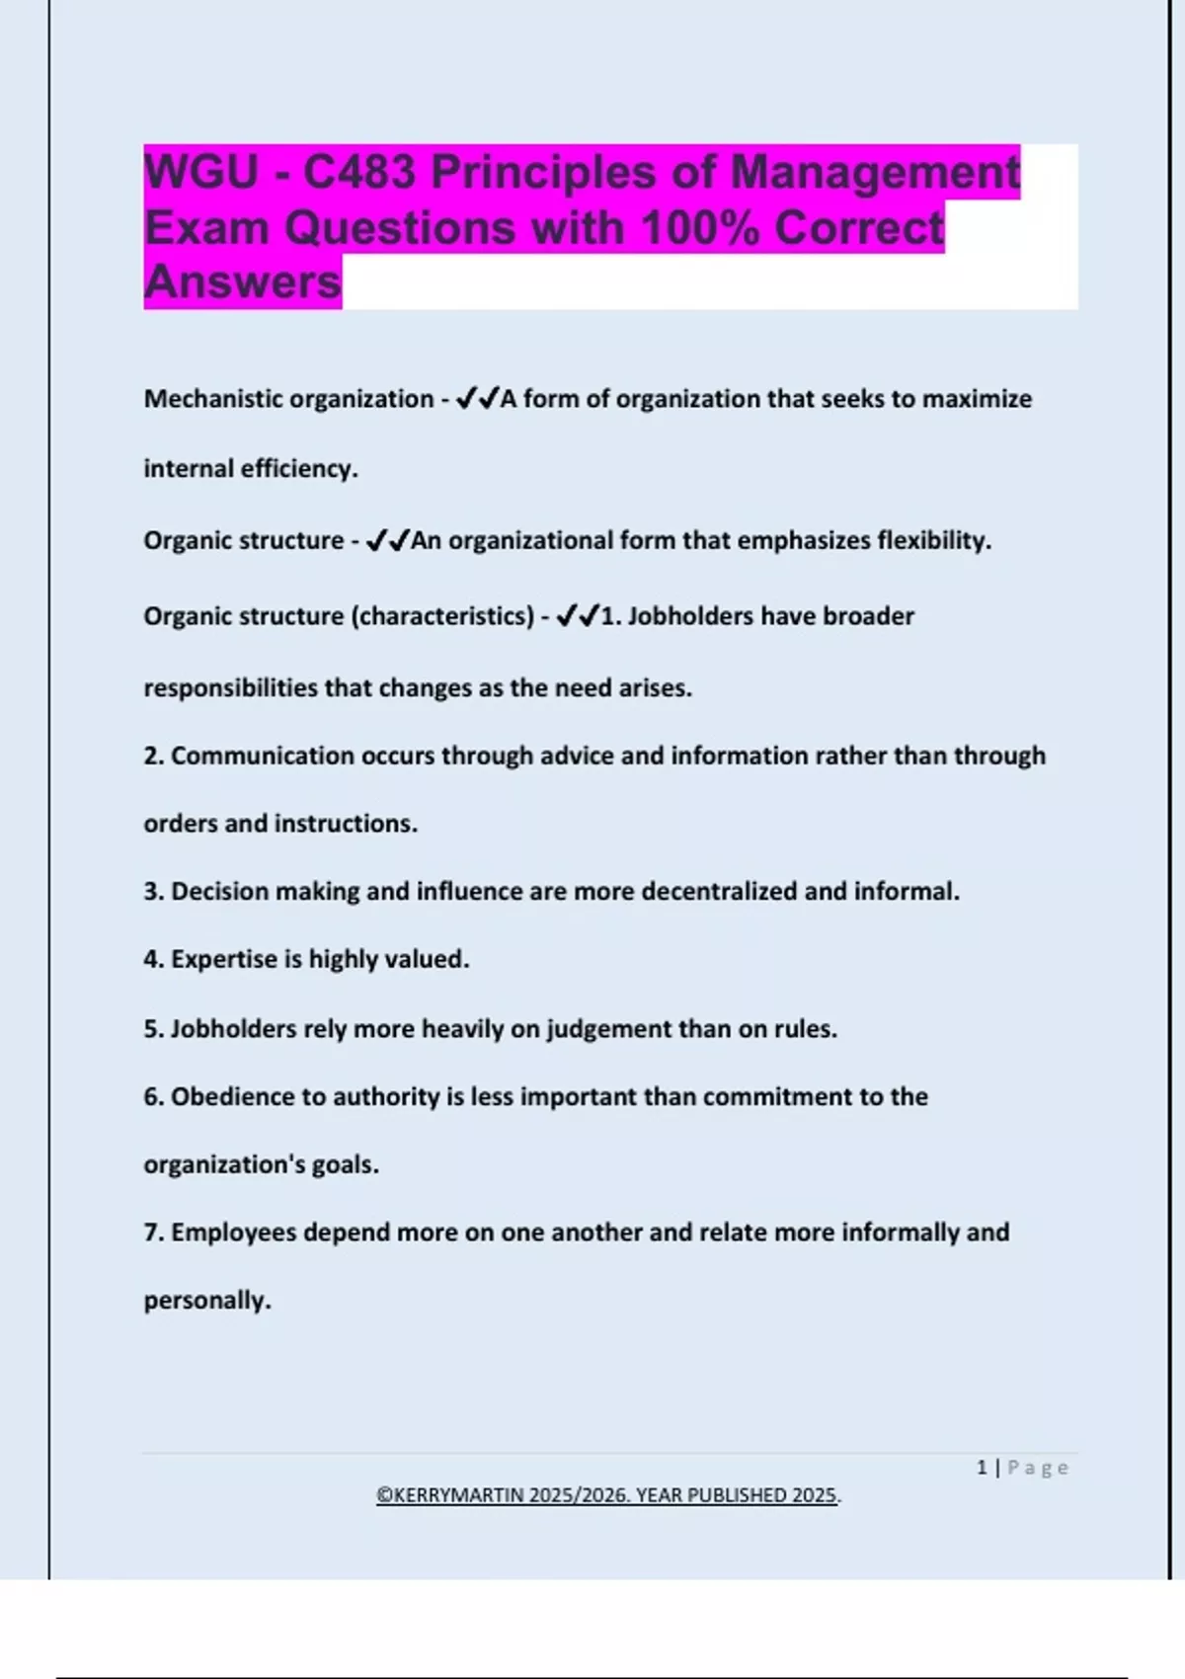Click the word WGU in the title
(x=201, y=172)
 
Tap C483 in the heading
(x=358, y=172)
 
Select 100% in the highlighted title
(x=700, y=228)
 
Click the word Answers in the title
(x=243, y=282)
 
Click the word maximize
(x=977, y=399)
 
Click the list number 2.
(x=152, y=756)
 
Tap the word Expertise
(x=223, y=959)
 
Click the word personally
(x=206, y=1301)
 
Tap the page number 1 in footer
(x=982, y=1468)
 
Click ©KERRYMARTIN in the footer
(x=449, y=1495)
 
